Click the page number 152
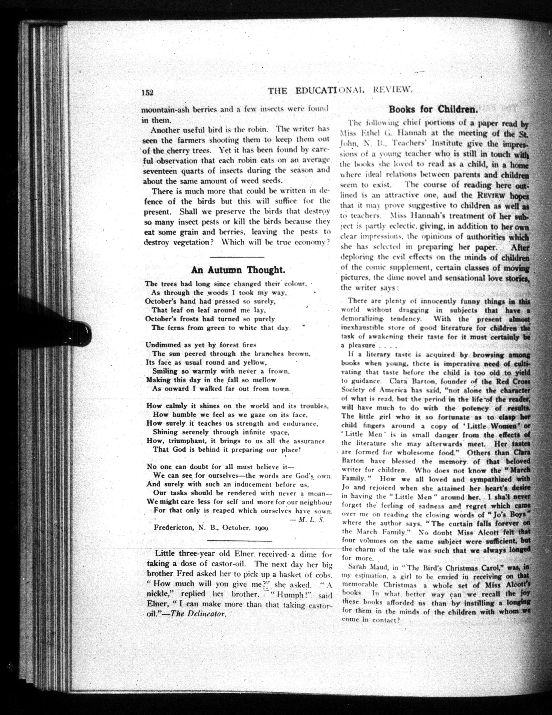(x=148, y=92)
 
